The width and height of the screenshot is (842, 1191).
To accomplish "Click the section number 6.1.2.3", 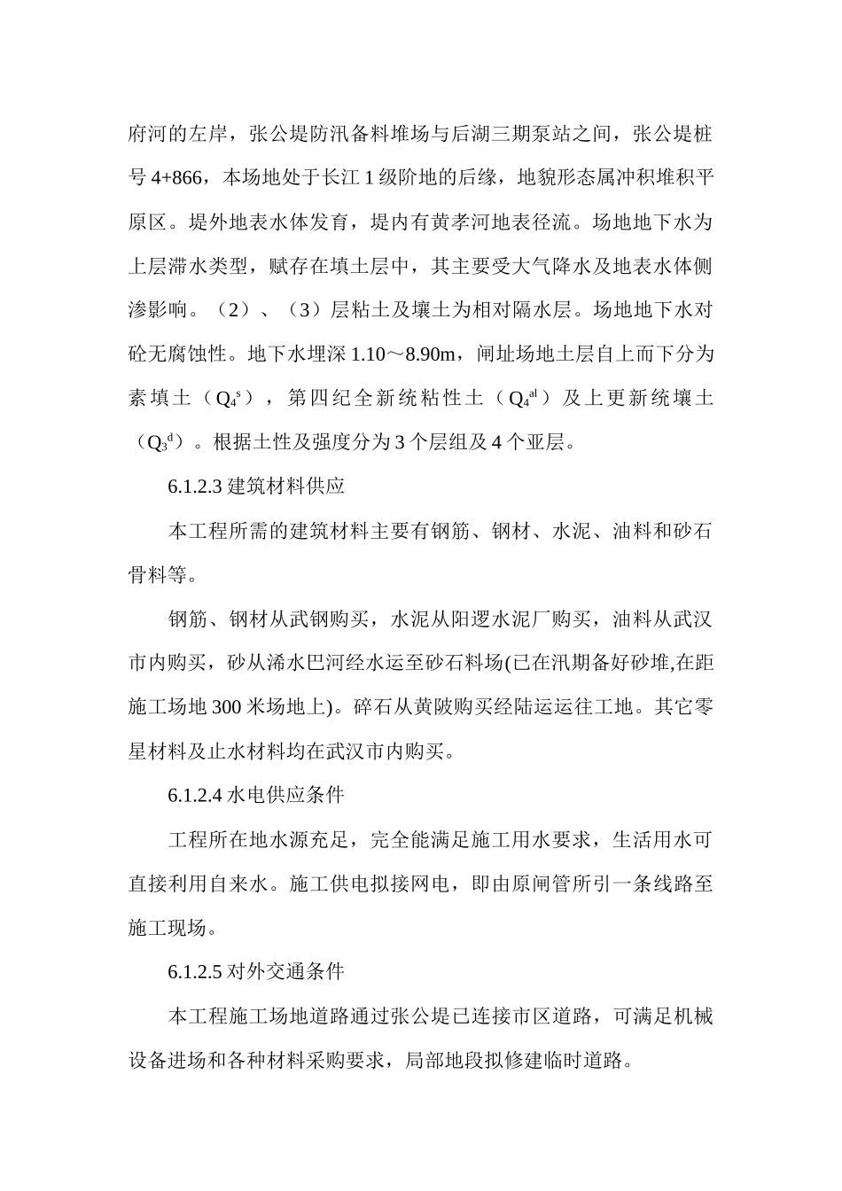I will [197, 487].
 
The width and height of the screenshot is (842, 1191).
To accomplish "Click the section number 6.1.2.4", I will [197, 795].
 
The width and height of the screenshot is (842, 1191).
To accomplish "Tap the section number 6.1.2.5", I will [197, 971].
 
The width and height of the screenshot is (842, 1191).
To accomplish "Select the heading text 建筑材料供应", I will [285, 487].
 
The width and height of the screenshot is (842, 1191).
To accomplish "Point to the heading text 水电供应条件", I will [285, 795].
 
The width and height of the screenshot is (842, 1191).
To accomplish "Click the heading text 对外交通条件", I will [285, 971].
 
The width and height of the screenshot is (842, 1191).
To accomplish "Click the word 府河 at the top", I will [147, 135].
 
